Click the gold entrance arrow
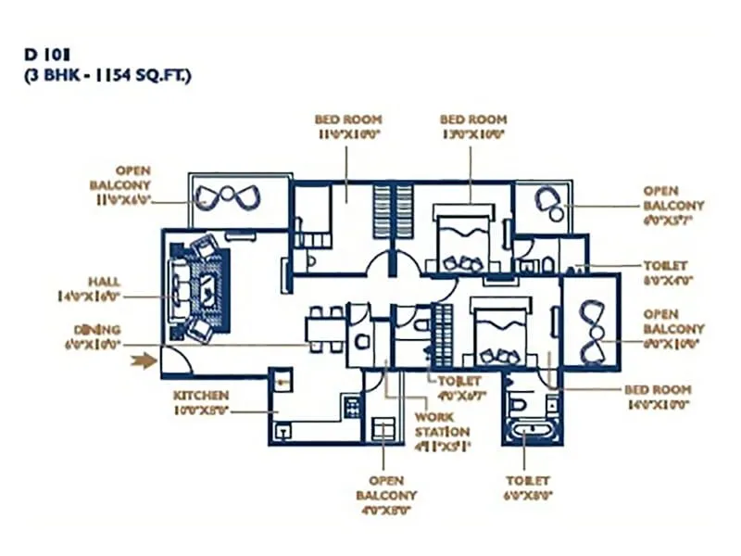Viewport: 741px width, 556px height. (144, 360)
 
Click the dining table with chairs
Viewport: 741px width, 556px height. (325, 329)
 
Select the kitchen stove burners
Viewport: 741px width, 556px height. (351, 405)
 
